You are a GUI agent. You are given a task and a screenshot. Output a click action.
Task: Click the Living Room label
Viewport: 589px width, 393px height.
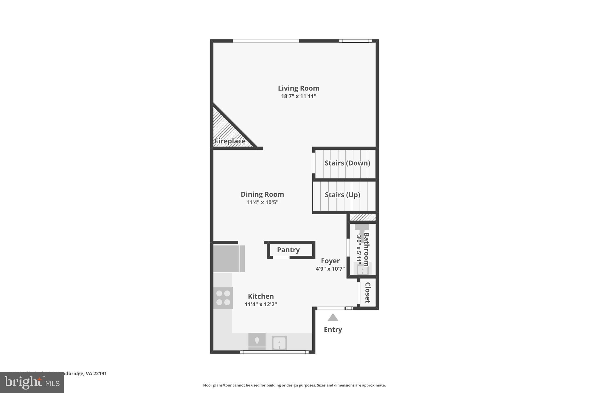click(x=299, y=88)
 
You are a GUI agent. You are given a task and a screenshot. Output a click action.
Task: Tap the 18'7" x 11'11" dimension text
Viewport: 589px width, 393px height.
click(x=299, y=96)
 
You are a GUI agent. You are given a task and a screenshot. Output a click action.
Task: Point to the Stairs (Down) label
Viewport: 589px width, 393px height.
click(x=347, y=163)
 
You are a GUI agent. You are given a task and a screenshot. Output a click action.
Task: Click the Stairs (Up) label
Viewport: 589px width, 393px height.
click(x=342, y=195)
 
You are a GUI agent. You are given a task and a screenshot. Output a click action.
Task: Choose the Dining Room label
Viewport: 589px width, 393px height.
click(x=262, y=194)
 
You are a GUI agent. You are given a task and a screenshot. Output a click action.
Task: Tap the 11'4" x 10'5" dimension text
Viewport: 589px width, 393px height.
click(x=262, y=202)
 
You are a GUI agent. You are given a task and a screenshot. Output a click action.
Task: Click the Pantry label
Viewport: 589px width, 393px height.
click(x=288, y=250)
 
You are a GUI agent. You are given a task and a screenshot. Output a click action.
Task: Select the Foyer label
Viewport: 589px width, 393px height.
click(x=330, y=261)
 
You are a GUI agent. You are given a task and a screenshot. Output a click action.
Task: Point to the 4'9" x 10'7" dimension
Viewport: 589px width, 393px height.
click(x=330, y=269)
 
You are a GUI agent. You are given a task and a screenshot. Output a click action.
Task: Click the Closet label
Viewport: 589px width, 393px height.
click(x=367, y=293)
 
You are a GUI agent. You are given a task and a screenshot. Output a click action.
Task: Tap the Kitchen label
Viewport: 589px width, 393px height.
click(x=261, y=296)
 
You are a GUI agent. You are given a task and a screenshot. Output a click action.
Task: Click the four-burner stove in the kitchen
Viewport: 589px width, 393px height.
click(x=223, y=298)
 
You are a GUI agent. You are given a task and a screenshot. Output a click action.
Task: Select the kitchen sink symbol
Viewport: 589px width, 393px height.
click(x=279, y=343)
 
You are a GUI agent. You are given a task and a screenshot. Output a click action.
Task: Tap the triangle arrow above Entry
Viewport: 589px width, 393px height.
click(x=333, y=317)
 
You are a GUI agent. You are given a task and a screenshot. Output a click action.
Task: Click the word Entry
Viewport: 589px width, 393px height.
click(x=333, y=330)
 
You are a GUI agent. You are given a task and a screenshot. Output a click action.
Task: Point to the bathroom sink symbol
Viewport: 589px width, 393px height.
click(x=362, y=270)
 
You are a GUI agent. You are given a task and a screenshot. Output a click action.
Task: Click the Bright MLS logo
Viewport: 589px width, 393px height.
click(x=32, y=382)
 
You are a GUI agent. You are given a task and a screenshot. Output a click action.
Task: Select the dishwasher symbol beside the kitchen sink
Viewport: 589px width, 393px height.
click(x=257, y=341)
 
